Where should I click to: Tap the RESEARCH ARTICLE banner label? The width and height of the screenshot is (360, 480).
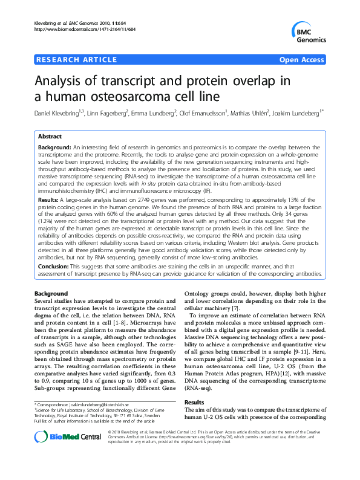click(77, 59)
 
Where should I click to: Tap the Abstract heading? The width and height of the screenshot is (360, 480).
click(51, 137)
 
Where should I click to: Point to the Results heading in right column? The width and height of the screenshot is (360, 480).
click(194, 401)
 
